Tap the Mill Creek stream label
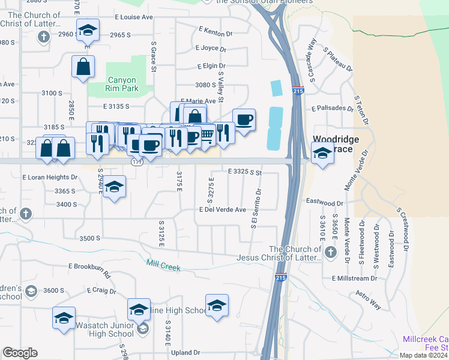click(163, 265)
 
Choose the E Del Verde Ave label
click(223, 209)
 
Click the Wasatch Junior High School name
click(104, 329)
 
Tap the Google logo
click(20, 352)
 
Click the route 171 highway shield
click(136, 163)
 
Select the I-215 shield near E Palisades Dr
click(299, 91)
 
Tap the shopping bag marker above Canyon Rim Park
click(83, 67)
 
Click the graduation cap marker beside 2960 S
click(88, 30)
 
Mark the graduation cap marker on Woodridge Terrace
click(322, 154)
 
